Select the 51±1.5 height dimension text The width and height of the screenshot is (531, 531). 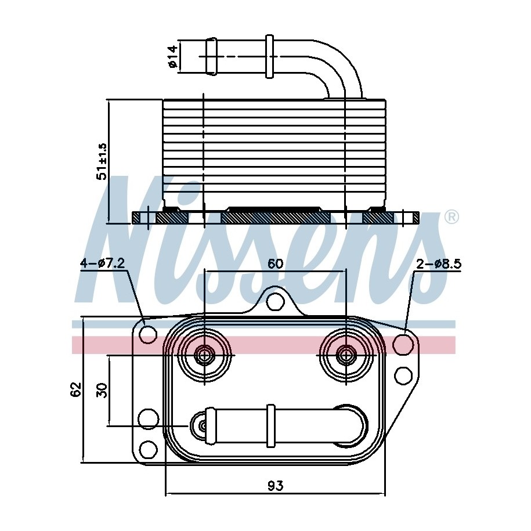pos(102,161)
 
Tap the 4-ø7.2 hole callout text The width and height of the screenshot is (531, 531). pos(103,263)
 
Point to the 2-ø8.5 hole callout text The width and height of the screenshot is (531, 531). pos(439,263)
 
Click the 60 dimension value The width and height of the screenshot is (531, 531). pos(275,263)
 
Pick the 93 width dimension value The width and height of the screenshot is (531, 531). pos(275,486)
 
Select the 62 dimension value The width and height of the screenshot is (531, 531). pos(76,389)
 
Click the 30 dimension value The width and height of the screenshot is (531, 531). pos(102,390)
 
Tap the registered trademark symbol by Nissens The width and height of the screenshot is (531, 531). pos(451,217)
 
